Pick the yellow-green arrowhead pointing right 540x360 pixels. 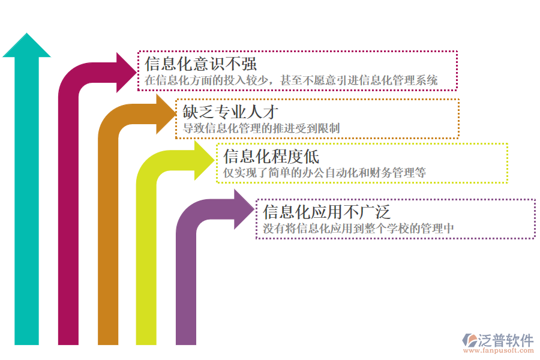coord(204,159)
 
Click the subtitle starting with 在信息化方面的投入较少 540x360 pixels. coord(291,79)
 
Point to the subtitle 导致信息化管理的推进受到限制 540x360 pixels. coord(262,128)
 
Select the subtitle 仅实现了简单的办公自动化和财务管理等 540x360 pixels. coord(325,173)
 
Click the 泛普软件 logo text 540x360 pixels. coord(505,340)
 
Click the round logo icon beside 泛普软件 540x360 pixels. coord(469,340)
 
